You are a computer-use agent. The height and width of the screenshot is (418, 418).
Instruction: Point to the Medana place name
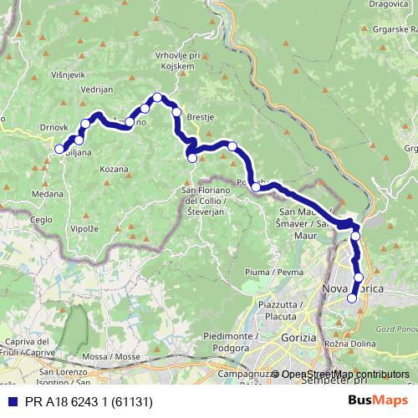[48, 192]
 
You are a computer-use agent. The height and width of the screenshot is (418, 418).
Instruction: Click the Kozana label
[113, 169]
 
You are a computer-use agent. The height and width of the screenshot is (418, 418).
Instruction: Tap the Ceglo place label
[40, 219]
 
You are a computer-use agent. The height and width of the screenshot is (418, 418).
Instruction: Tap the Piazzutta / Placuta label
[277, 312]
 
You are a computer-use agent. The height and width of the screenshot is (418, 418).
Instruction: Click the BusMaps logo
[378, 400]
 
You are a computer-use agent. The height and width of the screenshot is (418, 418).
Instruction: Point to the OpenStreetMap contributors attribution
[344, 374]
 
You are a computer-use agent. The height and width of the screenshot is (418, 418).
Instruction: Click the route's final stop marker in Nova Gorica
[352, 298]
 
